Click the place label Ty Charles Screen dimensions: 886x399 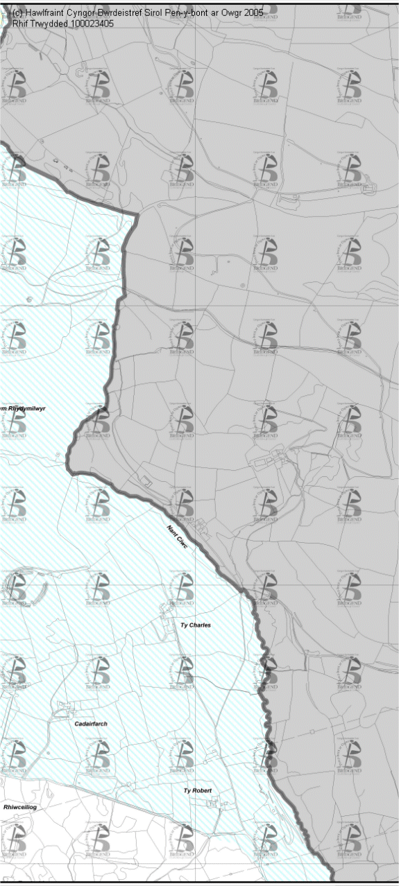tap(195, 625)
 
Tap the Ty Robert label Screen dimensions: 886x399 tap(197, 791)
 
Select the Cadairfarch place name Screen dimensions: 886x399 tap(90, 724)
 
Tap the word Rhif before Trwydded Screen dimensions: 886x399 tap(20, 24)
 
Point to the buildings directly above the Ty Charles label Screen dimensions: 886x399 tap(171, 610)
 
